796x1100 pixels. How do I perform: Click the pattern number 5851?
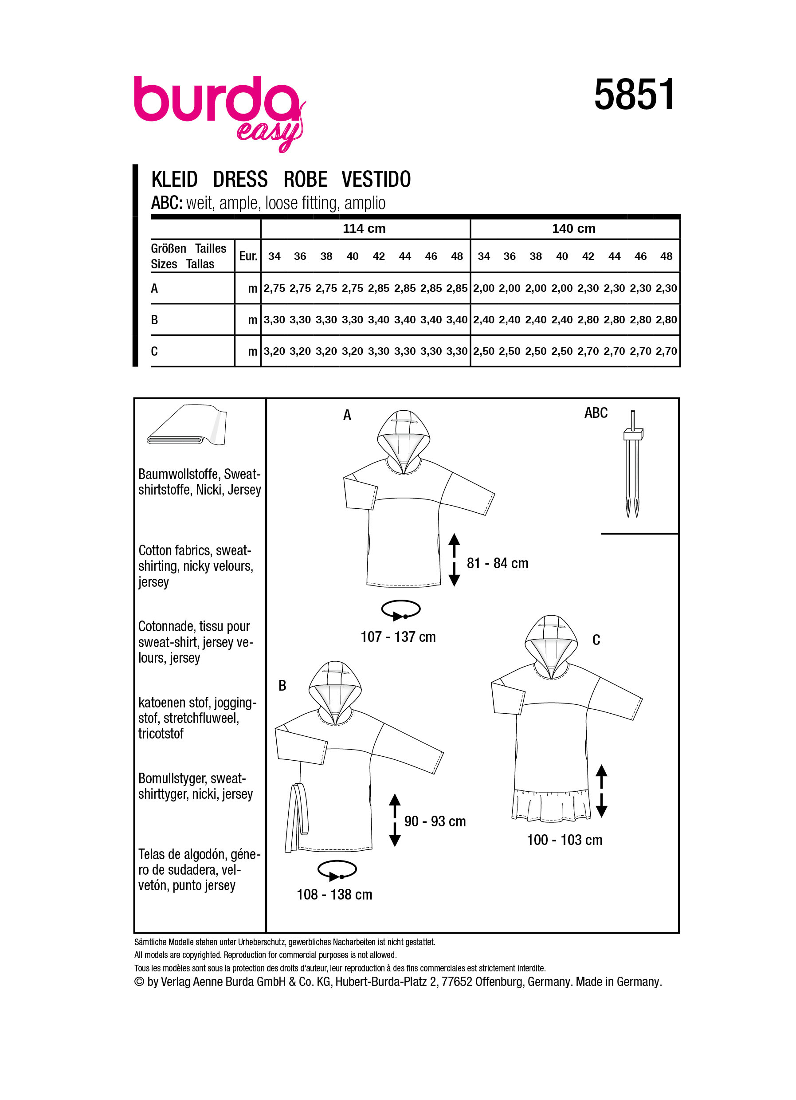point(634,95)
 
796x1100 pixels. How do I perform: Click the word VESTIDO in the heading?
point(376,180)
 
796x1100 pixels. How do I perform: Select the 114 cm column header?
point(364,228)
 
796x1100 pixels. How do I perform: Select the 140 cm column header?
point(573,228)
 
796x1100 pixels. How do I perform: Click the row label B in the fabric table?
point(155,320)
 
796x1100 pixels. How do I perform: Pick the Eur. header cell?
point(248,256)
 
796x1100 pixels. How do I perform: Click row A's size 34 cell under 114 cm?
point(274,288)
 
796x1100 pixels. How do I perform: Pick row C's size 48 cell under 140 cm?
point(666,351)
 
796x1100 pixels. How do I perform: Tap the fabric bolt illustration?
point(187,426)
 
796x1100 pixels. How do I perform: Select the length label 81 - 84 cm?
point(498,564)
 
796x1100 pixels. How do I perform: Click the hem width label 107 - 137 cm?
point(398,637)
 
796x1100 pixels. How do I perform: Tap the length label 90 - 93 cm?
point(435,821)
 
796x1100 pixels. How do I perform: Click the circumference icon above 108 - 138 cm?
point(337,870)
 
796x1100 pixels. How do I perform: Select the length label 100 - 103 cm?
point(564,840)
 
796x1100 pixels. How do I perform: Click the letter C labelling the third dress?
point(596,640)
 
